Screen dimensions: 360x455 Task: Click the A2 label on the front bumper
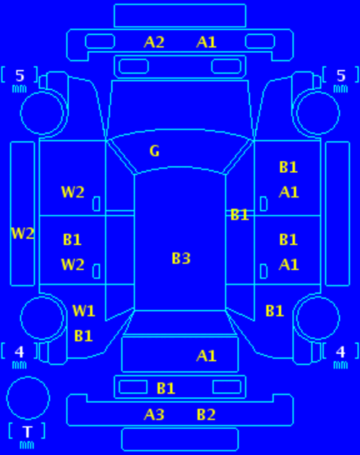click(x=154, y=42)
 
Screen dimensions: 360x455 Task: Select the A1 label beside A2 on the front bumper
click(x=206, y=42)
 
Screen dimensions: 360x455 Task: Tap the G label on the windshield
click(x=155, y=151)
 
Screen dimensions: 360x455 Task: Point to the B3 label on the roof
click(x=181, y=258)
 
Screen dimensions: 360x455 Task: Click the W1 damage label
click(x=83, y=311)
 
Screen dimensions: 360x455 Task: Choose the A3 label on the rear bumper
click(x=154, y=414)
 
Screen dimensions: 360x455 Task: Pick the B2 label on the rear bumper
click(x=206, y=414)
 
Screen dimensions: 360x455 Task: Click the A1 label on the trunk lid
click(x=206, y=356)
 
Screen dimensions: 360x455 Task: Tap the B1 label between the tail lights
click(x=166, y=388)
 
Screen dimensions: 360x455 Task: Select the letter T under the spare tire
click(x=28, y=432)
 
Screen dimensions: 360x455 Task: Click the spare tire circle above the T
click(x=28, y=377)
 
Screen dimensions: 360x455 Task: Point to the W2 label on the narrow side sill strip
click(x=23, y=233)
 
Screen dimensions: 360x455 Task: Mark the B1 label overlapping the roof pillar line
click(x=239, y=215)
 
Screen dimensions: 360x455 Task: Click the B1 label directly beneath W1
click(x=83, y=336)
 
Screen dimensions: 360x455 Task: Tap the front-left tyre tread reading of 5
click(x=20, y=75)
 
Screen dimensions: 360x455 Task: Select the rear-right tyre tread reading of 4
click(x=340, y=352)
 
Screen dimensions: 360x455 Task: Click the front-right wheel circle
click(x=318, y=92)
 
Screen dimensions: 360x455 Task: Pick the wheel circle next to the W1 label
click(x=42, y=296)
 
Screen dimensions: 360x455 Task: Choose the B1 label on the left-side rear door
click(x=72, y=240)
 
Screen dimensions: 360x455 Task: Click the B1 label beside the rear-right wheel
click(x=275, y=311)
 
